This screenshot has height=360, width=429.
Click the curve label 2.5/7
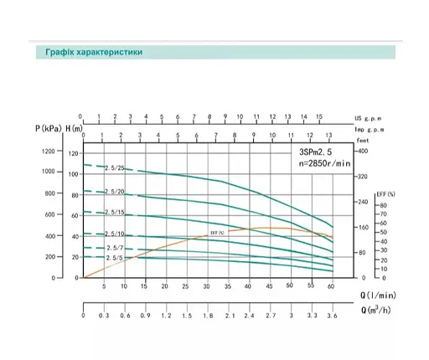point(114,249)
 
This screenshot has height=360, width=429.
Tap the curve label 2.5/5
point(114,258)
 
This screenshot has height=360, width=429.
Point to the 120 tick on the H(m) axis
point(72,153)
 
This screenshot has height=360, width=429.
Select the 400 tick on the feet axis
point(362,152)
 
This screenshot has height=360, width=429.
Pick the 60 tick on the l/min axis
point(331,286)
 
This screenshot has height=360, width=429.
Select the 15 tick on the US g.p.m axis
point(319,117)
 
